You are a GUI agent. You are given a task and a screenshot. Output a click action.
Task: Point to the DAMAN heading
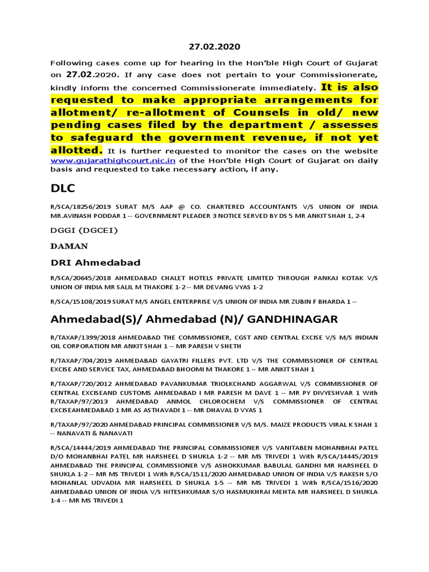pos(69,246)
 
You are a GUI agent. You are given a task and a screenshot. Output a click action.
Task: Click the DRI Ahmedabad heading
pos(96,262)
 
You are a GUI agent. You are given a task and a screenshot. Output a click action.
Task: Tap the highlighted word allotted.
pos(77,150)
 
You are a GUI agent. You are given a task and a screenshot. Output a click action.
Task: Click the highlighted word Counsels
pos(233,112)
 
